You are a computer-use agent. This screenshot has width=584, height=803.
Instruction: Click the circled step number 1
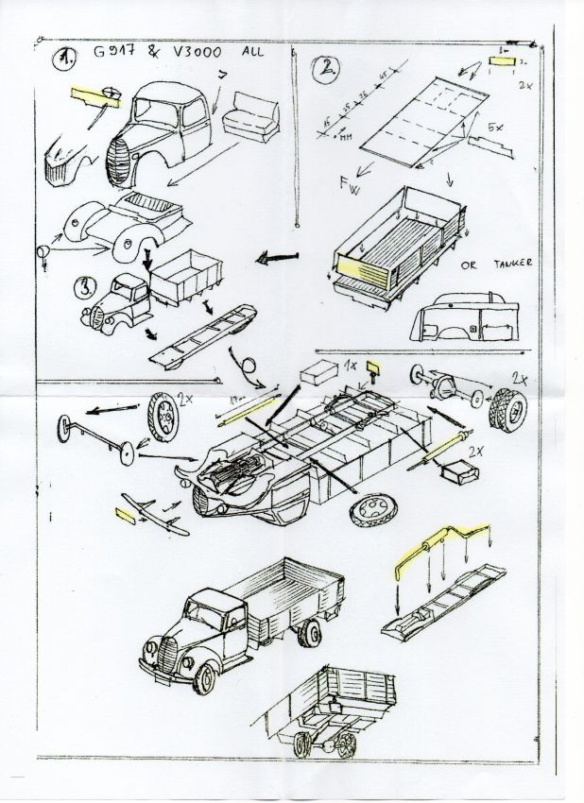[x=65, y=60]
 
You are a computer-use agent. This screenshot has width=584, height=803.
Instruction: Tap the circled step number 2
[x=327, y=67]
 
